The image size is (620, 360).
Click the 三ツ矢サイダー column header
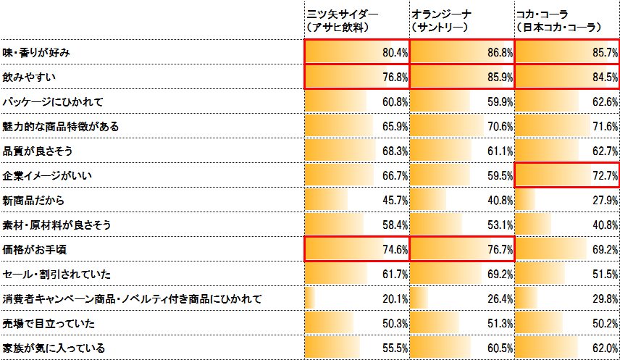tap(338, 20)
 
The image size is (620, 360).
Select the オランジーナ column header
tap(442, 20)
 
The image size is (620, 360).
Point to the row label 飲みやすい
tap(30, 77)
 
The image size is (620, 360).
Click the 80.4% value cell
tap(395, 53)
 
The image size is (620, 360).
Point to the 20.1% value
tap(395, 298)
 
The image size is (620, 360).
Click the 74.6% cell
tap(395, 249)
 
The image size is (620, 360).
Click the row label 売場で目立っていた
tap(48, 323)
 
